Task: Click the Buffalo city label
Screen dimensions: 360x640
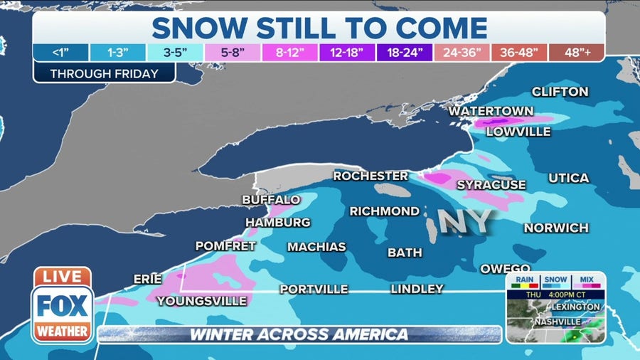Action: tap(271, 200)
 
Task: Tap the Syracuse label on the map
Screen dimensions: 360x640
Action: tap(491, 185)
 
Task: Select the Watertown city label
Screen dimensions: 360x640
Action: tap(491, 111)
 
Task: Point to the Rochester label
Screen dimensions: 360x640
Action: tap(370, 176)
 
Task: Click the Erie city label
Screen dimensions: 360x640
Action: tap(148, 280)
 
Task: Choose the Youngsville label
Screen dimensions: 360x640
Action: tap(201, 301)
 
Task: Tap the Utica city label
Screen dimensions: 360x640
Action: tap(568, 178)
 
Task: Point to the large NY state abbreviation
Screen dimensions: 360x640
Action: tap(464, 222)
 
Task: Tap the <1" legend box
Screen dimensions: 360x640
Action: tap(60, 53)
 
